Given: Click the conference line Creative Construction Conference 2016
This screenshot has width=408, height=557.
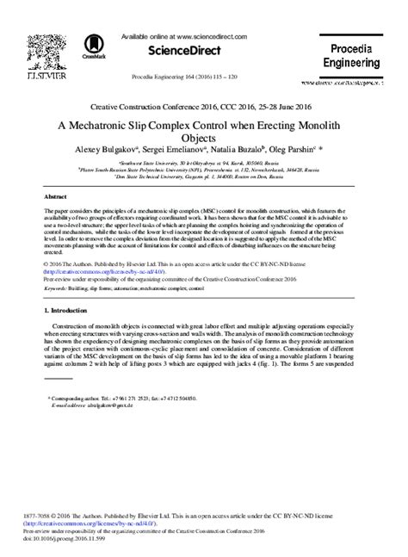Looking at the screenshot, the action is coord(203,108).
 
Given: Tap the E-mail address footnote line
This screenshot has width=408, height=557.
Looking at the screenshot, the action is coord(90,407).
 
